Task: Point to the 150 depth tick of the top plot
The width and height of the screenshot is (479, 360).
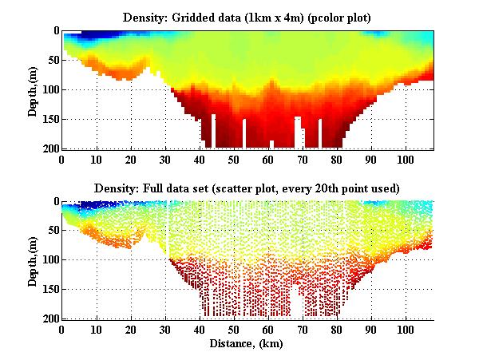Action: pos(49,119)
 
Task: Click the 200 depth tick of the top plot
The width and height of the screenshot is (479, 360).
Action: pos(49,148)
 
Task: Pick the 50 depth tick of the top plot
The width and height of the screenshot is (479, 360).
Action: pos(52,61)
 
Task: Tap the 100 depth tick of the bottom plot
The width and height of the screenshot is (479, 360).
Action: pos(49,260)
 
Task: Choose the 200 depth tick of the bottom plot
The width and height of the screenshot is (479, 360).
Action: pos(49,318)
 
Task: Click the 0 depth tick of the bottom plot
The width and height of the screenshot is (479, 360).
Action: pos(55,202)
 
